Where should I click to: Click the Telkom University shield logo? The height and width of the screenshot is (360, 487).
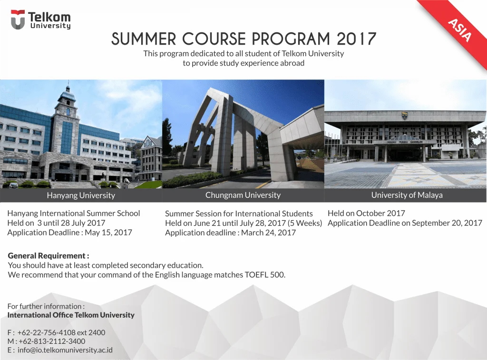(x=18, y=19)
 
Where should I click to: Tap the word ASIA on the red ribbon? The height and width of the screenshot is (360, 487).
(x=460, y=30)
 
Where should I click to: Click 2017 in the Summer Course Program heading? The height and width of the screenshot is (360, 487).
(x=357, y=39)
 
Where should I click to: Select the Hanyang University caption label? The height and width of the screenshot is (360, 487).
(x=81, y=195)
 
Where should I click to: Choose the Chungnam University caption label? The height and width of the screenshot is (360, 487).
(x=243, y=195)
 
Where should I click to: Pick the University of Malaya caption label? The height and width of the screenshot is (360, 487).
(x=407, y=195)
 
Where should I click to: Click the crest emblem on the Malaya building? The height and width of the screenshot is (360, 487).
(x=404, y=116)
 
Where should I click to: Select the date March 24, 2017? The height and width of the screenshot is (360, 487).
(x=268, y=233)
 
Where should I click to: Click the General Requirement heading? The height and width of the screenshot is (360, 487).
(x=49, y=256)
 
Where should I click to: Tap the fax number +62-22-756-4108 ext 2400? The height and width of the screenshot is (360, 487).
(x=61, y=332)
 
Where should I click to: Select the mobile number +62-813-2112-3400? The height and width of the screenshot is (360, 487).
(x=52, y=341)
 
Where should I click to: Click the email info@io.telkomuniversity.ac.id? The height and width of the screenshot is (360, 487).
(x=65, y=350)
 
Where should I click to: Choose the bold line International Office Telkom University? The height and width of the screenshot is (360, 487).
(x=71, y=315)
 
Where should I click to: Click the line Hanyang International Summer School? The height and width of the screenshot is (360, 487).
(x=74, y=214)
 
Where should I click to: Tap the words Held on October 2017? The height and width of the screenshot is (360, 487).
(x=367, y=214)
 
